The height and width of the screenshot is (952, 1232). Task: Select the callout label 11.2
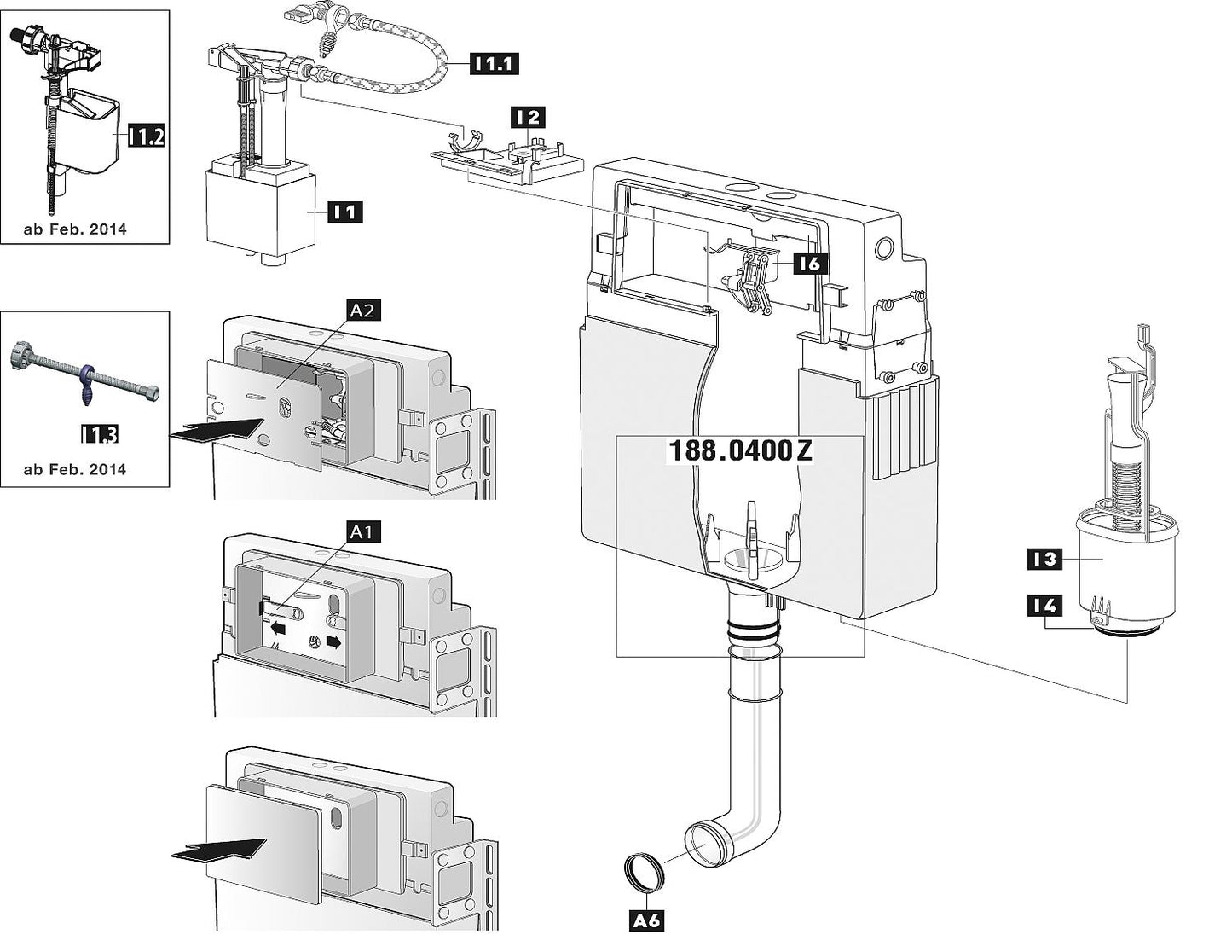[x=146, y=135]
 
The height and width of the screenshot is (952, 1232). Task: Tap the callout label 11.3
[x=99, y=434]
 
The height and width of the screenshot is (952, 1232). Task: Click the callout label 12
[x=528, y=118]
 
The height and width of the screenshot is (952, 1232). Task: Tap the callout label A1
[x=363, y=531]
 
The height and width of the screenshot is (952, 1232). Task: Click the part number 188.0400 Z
[x=739, y=451]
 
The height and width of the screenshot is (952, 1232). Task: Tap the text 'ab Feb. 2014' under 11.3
[x=75, y=469]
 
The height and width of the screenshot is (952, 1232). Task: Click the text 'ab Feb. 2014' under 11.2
[x=75, y=229]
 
